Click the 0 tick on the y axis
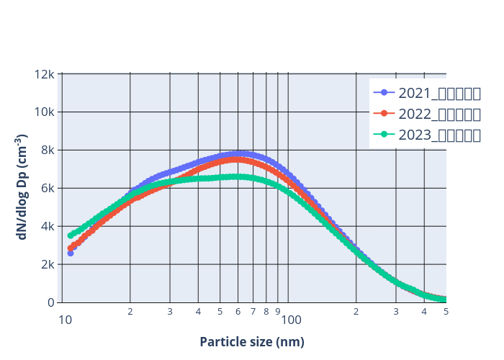click(x=53, y=302)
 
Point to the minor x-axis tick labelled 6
click(x=238, y=312)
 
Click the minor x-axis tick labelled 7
click(x=253, y=312)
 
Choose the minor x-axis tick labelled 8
click(x=266, y=312)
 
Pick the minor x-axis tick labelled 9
click(x=277, y=312)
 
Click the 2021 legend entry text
click(x=439, y=93)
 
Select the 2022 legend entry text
click(x=439, y=114)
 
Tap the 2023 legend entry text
click(x=439, y=135)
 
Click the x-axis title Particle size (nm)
click(x=252, y=342)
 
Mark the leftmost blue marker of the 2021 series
click(x=71, y=253)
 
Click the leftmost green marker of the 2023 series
click(x=71, y=235)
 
